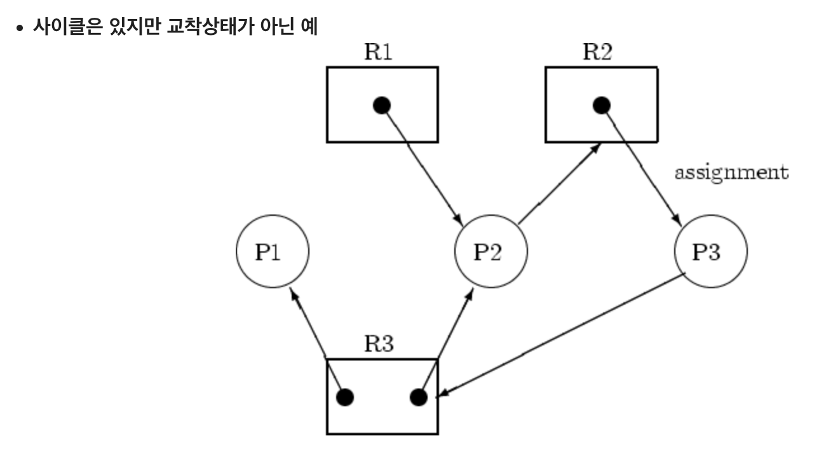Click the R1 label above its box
click(378, 52)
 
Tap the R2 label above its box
click(597, 52)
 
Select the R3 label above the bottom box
click(379, 343)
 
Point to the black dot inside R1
click(382, 106)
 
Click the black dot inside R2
click(602, 106)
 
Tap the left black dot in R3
click(345, 397)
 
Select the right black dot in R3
click(419, 397)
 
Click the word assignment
click(731, 173)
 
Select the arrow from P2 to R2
click(559, 183)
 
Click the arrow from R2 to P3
click(642, 166)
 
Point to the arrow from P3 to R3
click(560, 335)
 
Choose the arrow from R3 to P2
click(446, 341)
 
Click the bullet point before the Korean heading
click(20, 28)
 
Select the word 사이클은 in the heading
click(67, 27)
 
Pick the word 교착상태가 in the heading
click(210, 27)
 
